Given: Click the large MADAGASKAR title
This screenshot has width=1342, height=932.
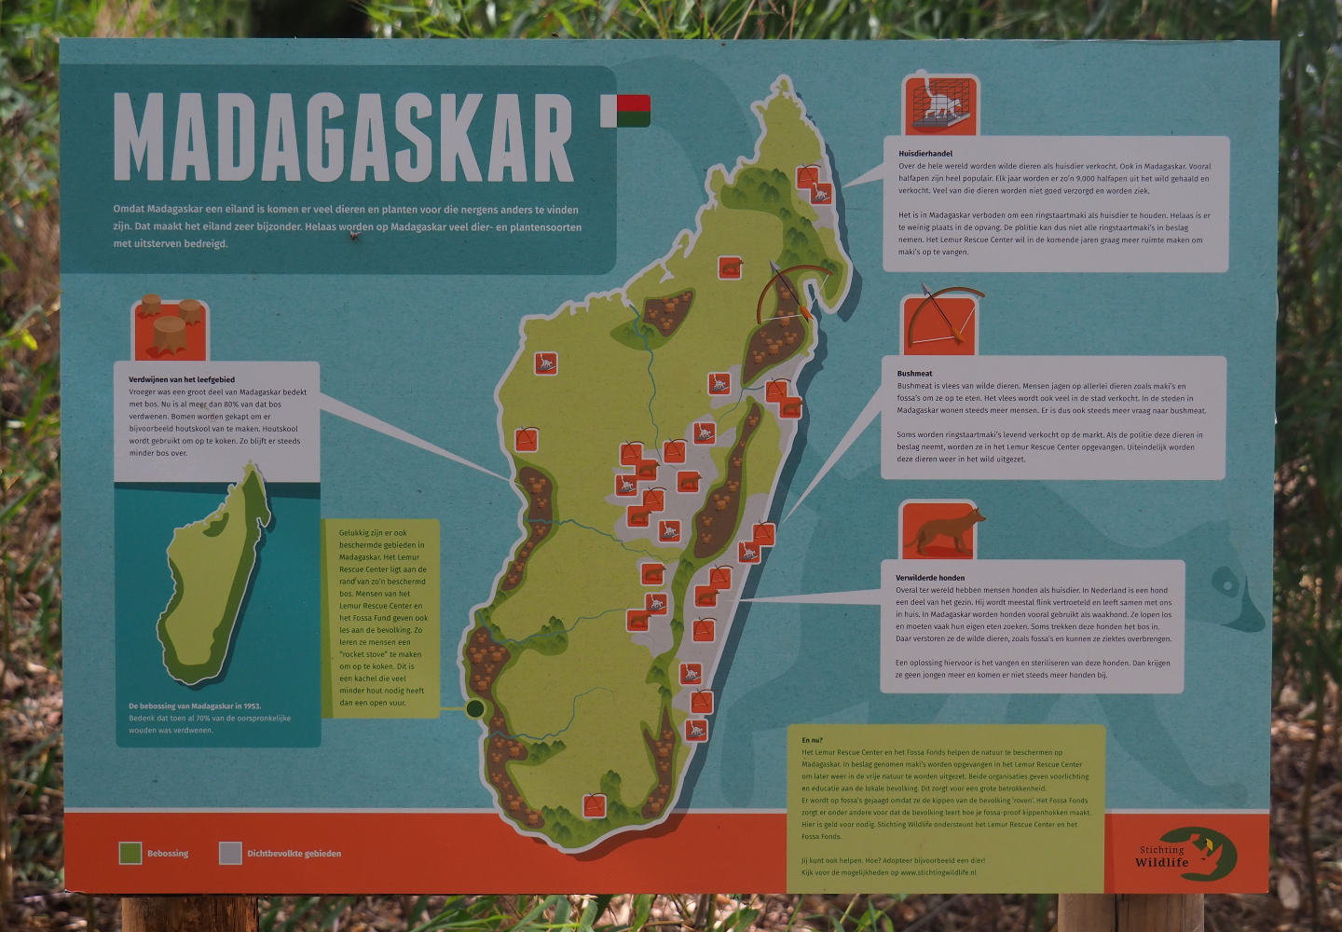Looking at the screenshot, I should [343, 138].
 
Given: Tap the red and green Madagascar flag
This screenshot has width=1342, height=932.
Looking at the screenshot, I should [625, 111].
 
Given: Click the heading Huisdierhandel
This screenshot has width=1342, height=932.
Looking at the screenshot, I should [924, 153].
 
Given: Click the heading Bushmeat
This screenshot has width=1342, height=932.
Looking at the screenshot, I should [914, 373].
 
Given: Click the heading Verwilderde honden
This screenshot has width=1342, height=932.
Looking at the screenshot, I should [930, 578].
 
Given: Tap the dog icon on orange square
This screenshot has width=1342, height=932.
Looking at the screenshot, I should [939, 530].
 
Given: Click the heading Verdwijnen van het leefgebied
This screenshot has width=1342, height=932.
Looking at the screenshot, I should [182, 379].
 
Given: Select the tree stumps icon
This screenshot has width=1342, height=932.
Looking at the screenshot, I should [170, 327].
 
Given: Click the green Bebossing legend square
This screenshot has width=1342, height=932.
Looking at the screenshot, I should [130, 853].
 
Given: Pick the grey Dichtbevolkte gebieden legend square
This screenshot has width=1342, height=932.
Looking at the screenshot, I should [230, 853].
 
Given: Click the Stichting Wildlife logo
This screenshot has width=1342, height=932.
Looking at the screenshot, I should [1187, 855].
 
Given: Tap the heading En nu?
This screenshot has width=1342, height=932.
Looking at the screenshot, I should [812, 740].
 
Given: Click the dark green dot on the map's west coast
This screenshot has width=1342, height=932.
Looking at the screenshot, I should [475, 709].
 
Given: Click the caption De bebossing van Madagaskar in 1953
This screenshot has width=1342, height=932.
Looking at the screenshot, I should [194, 706].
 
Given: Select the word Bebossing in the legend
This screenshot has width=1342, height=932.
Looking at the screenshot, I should [168, 854].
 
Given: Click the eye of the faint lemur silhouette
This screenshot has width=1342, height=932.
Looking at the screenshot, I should [1224, 586].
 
